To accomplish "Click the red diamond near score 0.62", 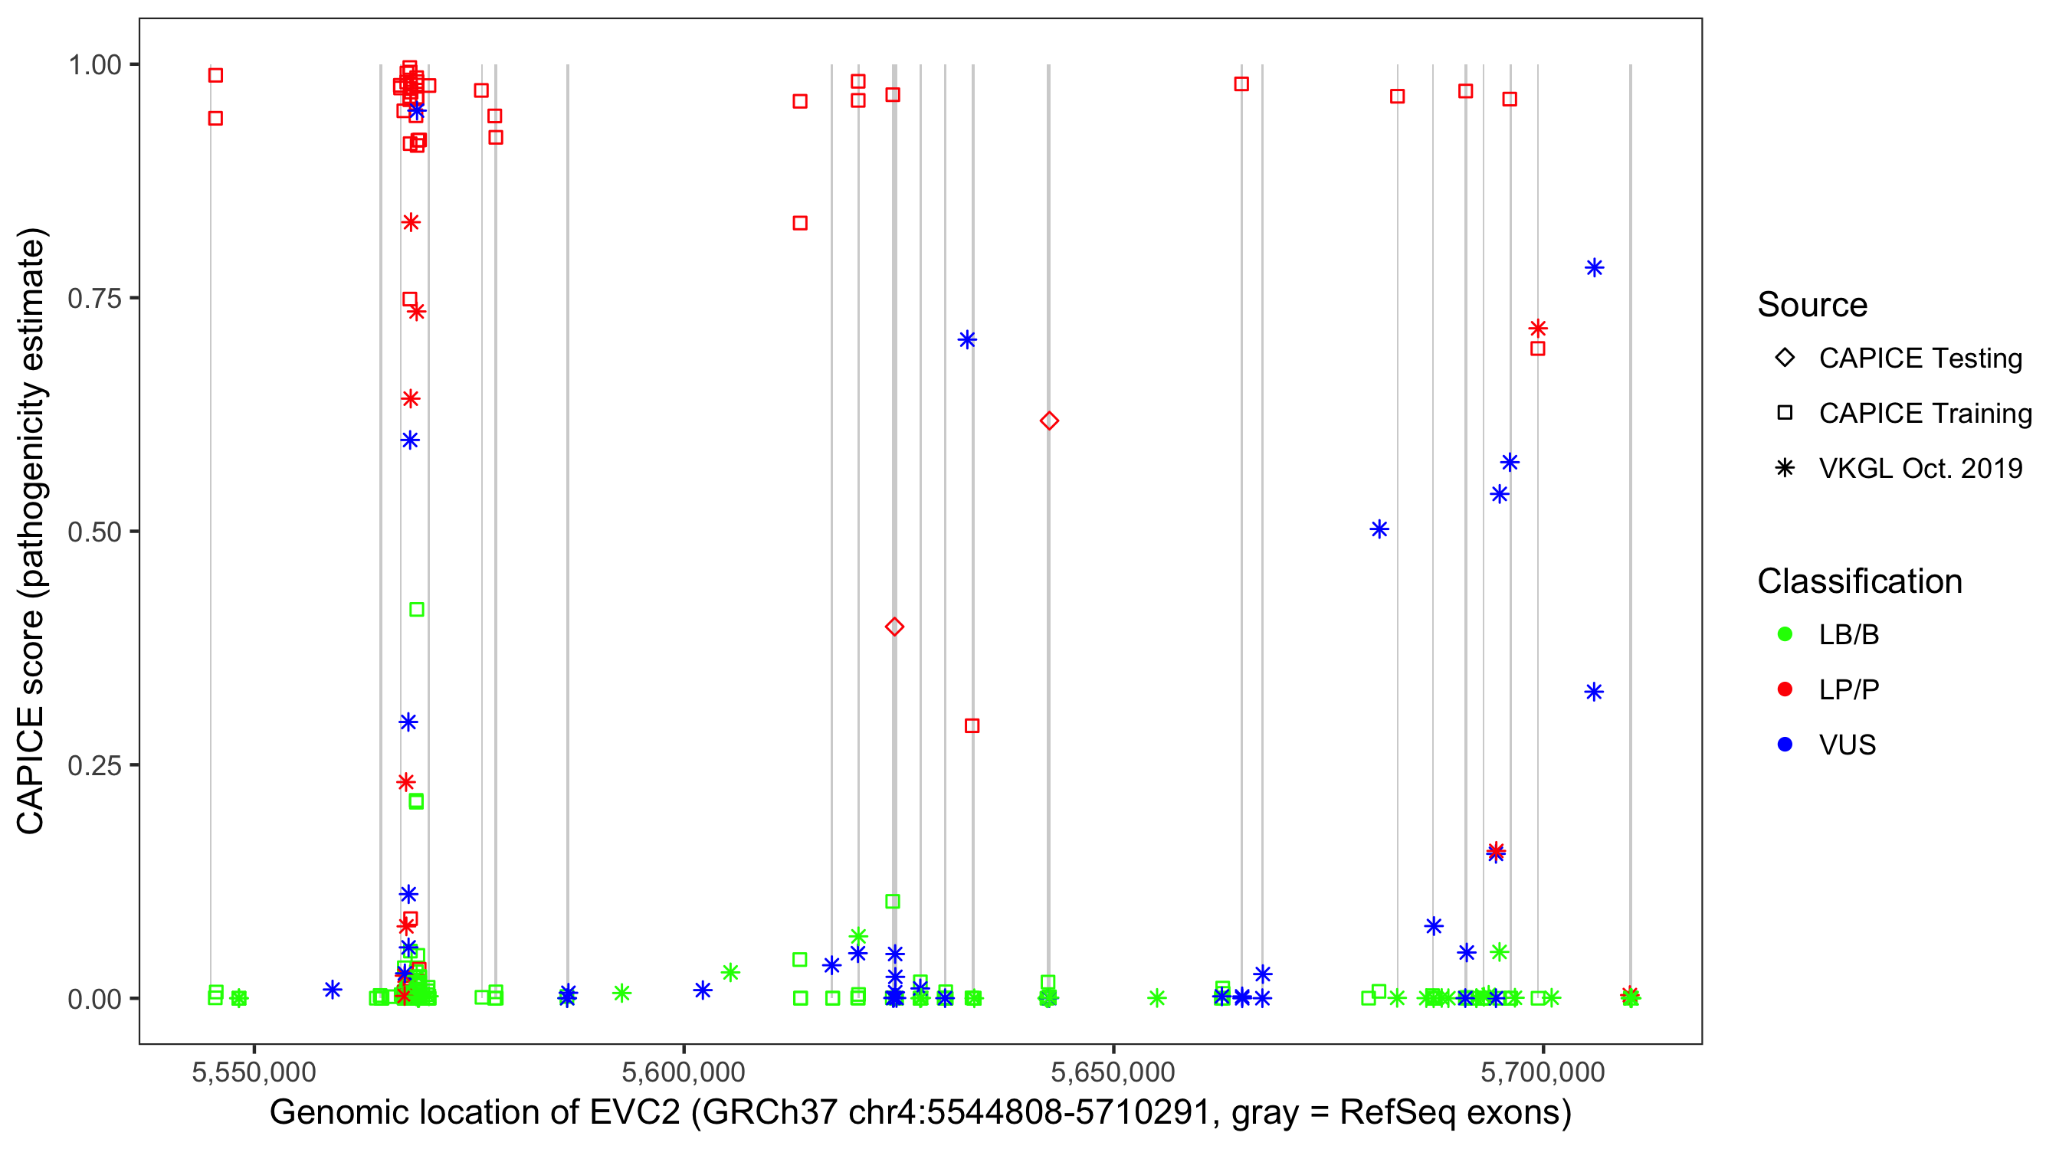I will pyautogui.click(x=1049, y=421).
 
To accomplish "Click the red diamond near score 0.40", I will pyautogui.click(x=895, y=627).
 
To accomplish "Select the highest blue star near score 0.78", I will pyautogui.click(x=1595, y=268).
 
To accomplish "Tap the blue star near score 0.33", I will pyautogui.click(x=1595, y=692).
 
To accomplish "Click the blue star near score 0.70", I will pyautogui.click(x=967, y=339).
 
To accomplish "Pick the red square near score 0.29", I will pyautogui.click(x=972, y=726).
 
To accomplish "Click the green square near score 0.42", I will pyautogui.click(x=417, y=610).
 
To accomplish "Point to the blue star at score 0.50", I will pyautogui.click(x=1379, y=529).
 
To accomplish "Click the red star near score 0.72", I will pyautogui.click(x=1538, y=329).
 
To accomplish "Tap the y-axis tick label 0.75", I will pyautogui.click(x=94, y=299).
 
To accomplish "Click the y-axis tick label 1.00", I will pyautogui.click(x=94, y=65).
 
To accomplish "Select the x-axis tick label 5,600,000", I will pyautogui.click(x=684, y=1072).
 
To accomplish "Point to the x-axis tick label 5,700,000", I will pyautogui.click(x=1543, y=1072).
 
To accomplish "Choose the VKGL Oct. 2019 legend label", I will pyautogui.click(x=1920, y=468).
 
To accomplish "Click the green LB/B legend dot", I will pyautogui.click(x=1785, y=634).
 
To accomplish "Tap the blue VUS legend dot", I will pyautogui.click(x=1785, y=745).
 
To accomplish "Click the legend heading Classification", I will pyautogui.click(x=1859, y=581).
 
